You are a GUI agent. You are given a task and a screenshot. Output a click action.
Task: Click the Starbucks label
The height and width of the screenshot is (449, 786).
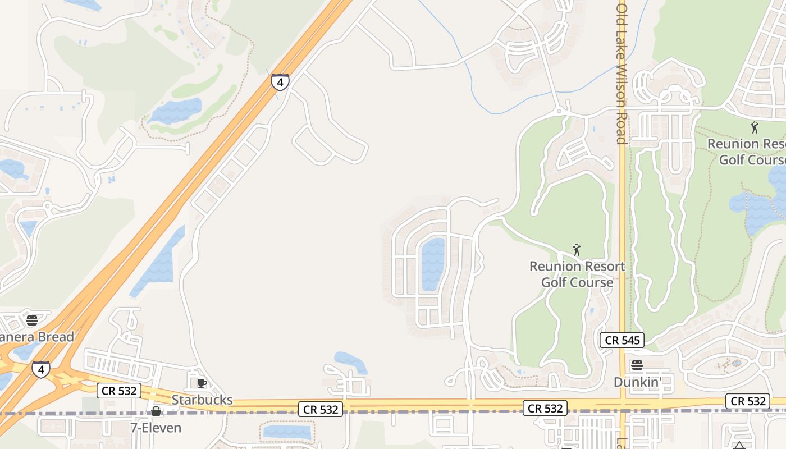[202, 400]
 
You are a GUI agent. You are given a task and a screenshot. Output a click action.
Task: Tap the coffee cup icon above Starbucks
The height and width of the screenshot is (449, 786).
[202, 384]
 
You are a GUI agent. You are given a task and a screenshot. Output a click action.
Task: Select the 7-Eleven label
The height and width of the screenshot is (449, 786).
[156, 428]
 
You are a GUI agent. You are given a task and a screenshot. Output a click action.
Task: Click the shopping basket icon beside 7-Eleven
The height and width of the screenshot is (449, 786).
[156, 412]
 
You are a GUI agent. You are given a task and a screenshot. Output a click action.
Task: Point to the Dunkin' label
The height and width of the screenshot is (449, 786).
[637, 382]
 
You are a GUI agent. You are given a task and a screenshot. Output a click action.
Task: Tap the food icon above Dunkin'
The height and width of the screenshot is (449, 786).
[637, 366]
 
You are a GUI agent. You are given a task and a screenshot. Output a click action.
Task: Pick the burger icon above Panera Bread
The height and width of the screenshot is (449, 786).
[31, 320]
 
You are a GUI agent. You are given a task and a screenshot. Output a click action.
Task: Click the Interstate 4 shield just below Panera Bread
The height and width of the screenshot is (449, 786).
[40, 369]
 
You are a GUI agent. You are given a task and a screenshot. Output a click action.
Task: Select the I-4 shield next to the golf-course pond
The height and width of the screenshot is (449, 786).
[280, 82]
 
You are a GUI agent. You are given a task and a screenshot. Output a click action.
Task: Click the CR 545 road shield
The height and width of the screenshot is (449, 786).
[622, 340]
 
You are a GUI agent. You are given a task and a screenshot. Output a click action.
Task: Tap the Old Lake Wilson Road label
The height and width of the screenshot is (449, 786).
[622, 73]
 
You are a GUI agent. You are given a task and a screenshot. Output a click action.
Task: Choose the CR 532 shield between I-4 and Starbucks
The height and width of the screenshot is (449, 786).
[118, 391]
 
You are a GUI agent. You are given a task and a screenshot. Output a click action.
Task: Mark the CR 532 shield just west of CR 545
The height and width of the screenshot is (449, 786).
[545, 408]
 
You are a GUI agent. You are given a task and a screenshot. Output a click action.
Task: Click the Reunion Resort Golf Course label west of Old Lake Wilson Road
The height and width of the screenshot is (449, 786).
[577, 274]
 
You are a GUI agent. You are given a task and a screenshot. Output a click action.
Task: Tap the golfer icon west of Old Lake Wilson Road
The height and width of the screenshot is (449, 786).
[576, 250]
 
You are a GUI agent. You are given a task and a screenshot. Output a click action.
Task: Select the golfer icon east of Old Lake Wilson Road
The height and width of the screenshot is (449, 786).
[755, 128]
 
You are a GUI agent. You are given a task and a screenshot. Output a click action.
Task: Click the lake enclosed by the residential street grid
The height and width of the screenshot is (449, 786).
[433, 264]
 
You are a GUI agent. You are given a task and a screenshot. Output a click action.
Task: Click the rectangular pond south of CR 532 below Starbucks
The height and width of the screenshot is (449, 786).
[287, 432]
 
